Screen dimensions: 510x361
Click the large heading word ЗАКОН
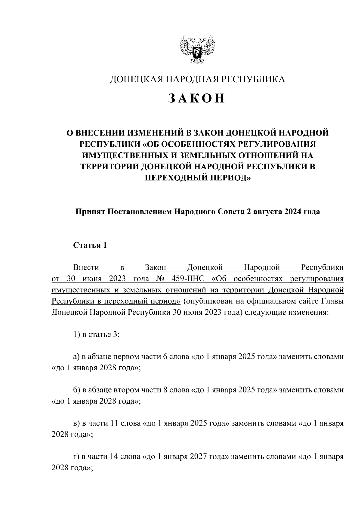196,98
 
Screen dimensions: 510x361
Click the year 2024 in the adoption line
292,212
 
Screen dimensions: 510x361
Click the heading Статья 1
90,245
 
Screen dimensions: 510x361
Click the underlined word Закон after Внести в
156,267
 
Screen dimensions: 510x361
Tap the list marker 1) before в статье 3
76,334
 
